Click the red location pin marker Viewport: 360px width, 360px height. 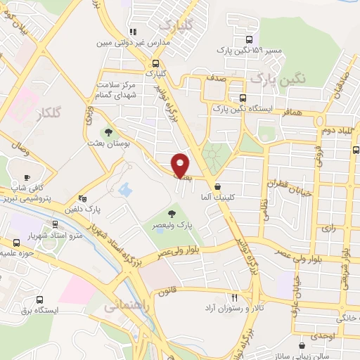click(181, 165)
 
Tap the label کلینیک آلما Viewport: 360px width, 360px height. click(217, 198)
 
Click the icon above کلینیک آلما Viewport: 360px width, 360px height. click(217, 187)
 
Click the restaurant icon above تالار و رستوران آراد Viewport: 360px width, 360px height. click(236, 297)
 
